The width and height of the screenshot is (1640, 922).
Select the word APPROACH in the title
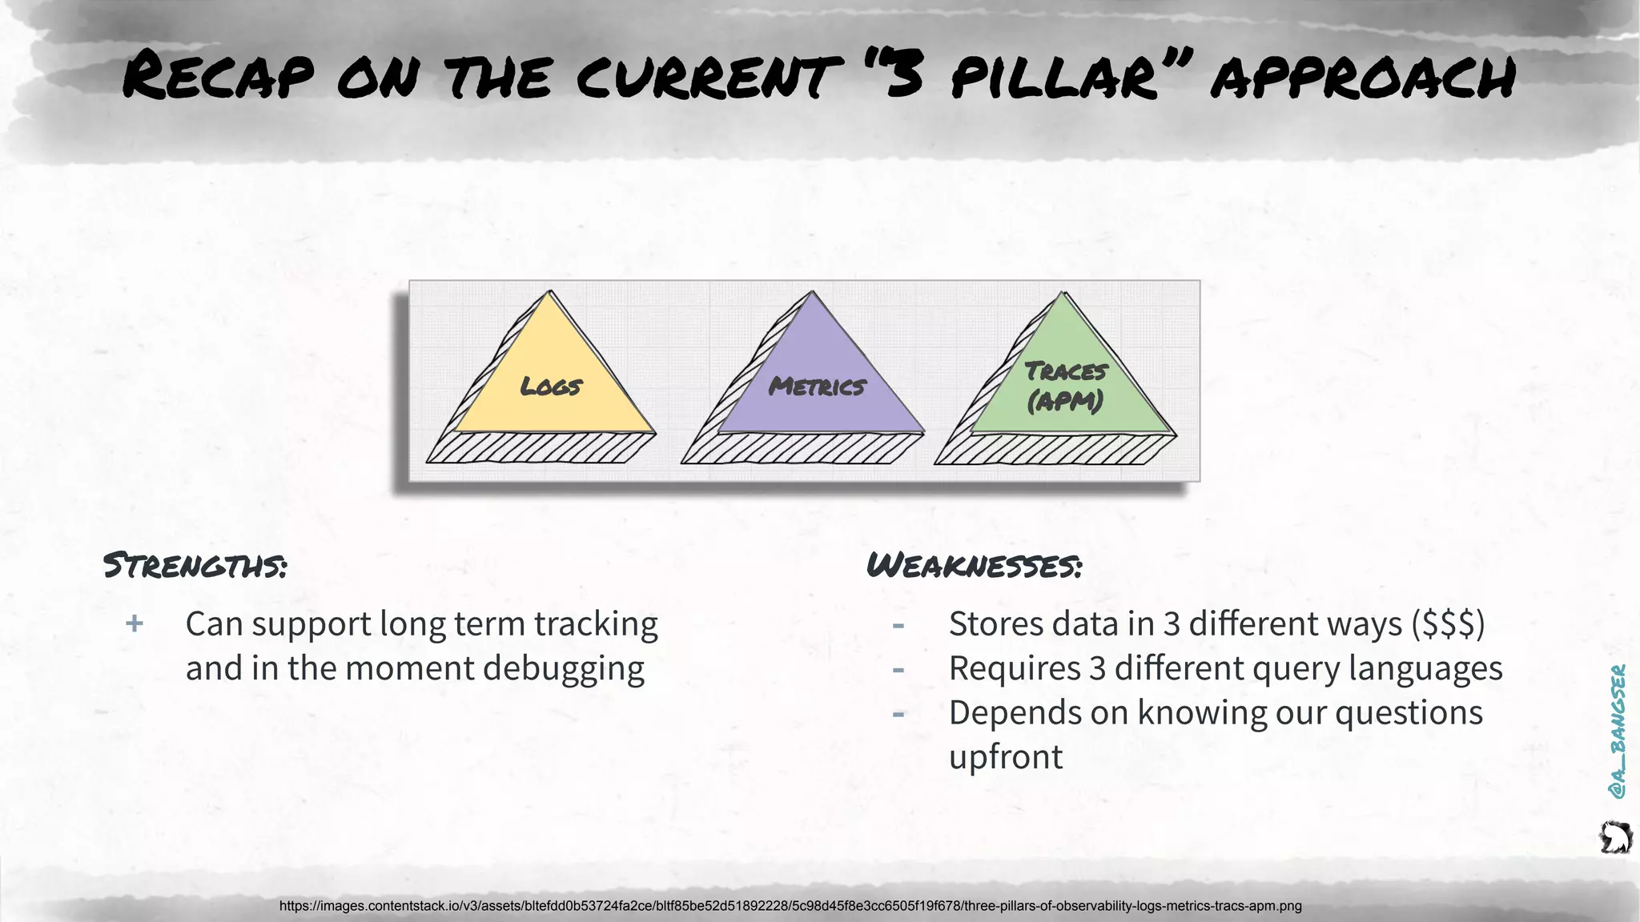[1362, 78]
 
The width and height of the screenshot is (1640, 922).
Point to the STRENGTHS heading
[195, 566]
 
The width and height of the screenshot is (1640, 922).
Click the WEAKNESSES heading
[974, 566]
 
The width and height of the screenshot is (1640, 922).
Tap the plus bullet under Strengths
[135, 623]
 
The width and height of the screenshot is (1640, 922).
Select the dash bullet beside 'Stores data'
[898, 625]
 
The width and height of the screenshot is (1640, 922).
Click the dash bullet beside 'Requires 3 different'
[898, 669]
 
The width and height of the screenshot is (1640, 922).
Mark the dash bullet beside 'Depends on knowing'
[898, 713]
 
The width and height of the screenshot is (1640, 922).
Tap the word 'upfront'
[1006, 757]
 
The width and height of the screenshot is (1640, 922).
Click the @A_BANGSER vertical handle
[1618, 731]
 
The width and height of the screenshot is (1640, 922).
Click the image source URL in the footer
[790, 906]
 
